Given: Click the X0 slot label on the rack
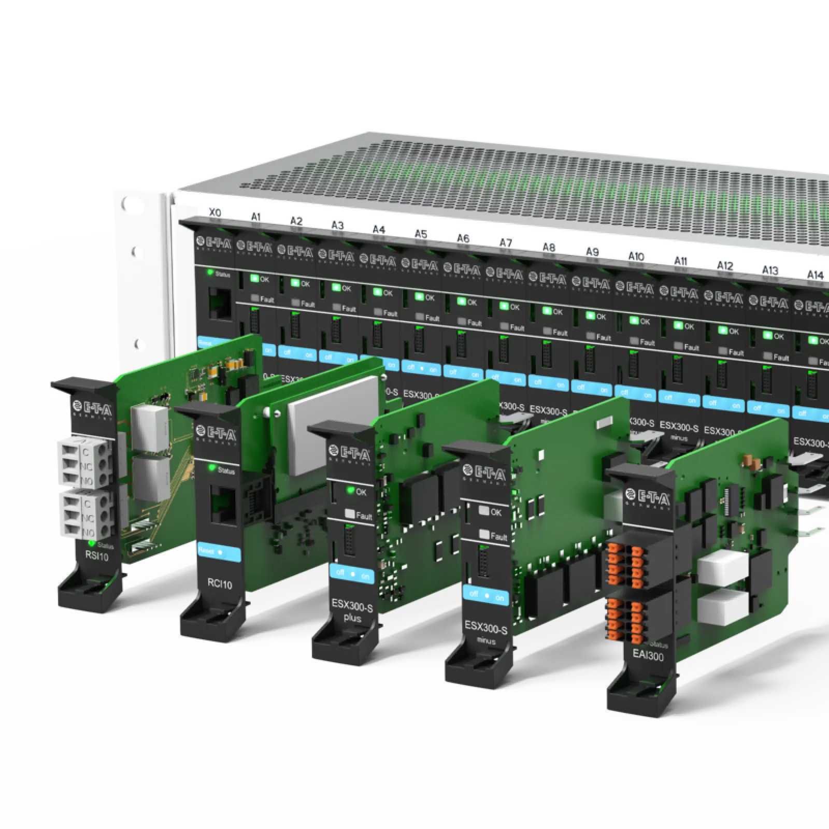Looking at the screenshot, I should [215, 213].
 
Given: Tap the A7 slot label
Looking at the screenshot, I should [505, 243].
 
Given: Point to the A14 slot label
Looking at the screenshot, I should [815, 275].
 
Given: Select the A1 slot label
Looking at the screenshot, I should [256, 217].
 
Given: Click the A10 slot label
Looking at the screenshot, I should [636, 256].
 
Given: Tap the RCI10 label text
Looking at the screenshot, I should [219, 584].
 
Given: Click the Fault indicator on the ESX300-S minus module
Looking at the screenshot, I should [484, 534].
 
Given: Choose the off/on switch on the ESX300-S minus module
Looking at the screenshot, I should [486, 596].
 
